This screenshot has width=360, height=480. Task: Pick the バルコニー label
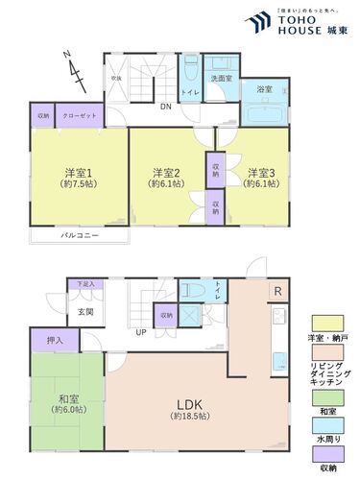coord(76,234)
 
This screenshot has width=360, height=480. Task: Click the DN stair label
coord(165,108)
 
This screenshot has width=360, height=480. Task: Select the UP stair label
coord(140,332)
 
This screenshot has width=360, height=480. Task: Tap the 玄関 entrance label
coord(85,312)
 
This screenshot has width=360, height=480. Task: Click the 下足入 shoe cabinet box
coord(84,285)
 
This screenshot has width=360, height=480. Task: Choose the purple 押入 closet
coord(55,340)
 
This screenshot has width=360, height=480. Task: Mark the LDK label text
coord(187,404)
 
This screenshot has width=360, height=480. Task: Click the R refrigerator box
coord(277,291)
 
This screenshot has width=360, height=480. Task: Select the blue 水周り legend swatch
coord(326,426)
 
